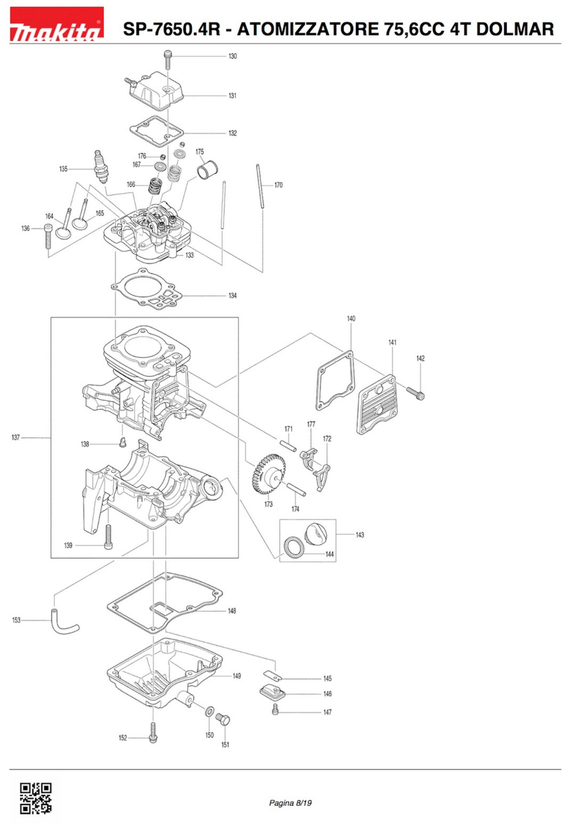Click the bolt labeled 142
tap(416, 393)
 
